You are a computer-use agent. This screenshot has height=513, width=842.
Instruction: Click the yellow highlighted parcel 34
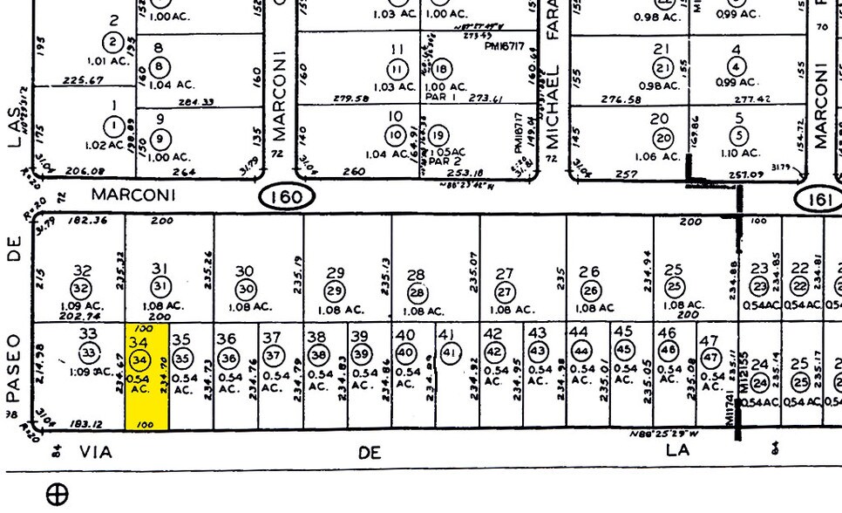coord(147,377)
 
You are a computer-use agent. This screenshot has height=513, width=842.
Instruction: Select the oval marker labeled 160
coord(286,197)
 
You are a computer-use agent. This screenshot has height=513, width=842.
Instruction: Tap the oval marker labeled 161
coord(818,200)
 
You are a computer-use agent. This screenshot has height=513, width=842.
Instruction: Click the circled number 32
coord(81,289)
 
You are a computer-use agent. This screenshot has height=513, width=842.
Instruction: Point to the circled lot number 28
coord(417,293)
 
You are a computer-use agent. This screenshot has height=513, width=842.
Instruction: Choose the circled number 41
coord(450,352)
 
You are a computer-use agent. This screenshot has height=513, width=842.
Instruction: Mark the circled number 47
coord(710,357)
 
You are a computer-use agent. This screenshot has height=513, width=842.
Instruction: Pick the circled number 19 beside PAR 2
coord(438,135)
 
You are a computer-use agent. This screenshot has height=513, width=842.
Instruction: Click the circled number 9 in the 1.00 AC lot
coord(160,139)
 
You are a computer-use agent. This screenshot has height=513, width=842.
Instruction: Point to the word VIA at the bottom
coord(98,452)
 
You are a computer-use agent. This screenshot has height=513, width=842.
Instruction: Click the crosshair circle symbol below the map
coord(57,496)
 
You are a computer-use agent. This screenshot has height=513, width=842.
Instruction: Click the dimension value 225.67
coord(84,80)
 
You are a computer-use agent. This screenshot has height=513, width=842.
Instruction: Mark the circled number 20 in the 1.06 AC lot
coord(664,138)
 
